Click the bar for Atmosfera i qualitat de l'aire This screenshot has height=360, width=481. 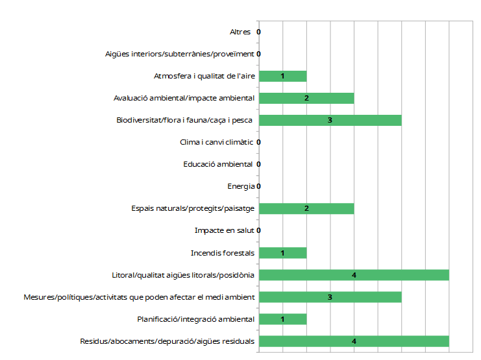(282, 77)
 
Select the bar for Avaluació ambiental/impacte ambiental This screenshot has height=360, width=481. (306, 99)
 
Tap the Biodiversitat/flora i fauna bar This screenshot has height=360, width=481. (330, 121)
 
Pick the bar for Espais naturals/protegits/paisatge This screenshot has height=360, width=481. (306, 209)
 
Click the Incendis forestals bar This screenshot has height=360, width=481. (282, 253)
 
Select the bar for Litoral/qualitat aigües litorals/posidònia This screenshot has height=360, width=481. (354, 275)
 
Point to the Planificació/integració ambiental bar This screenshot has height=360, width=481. (282, 319)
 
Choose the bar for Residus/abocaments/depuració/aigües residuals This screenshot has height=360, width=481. (354, 341)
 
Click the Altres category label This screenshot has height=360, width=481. (240, 32)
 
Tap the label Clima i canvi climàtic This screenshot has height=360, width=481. (217, 143)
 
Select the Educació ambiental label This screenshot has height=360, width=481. (218, 165)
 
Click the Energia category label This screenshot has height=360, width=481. (241, 187)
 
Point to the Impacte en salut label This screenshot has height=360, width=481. (224, 231)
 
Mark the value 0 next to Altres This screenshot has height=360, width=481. (258, 32)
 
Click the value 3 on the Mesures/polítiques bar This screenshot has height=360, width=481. (330, 297)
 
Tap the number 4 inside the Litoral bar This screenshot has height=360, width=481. (354, 275)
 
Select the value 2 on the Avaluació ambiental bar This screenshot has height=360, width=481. (306, 99)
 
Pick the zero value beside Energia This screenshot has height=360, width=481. (258, 187)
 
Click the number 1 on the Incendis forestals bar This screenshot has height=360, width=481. (282, 253)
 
